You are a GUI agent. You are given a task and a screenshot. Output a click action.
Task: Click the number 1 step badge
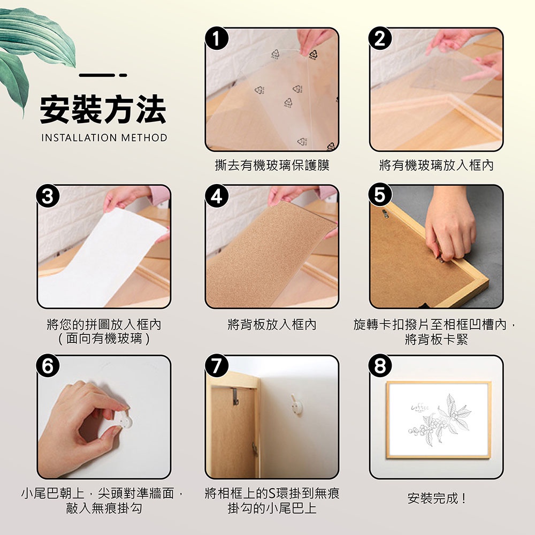[216, 38]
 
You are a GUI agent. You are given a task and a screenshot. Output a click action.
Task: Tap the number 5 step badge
[380, 195]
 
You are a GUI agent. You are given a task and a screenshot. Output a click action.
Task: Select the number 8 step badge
[380, 366]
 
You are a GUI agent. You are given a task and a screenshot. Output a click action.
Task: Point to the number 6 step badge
[48, 366]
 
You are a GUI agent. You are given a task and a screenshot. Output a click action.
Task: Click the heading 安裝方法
[103, 110]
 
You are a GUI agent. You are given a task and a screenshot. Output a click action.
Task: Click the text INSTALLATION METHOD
[104, 137]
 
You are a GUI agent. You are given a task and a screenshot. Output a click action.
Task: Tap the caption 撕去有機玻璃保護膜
[272, 165]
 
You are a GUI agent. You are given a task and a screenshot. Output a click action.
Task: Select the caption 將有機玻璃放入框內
[437, 165]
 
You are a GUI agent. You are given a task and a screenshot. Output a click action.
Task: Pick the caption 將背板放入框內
[272, 325]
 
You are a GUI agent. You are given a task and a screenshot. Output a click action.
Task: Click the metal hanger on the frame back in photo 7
[235, 396]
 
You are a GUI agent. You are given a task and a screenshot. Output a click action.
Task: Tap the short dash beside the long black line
[123, 75]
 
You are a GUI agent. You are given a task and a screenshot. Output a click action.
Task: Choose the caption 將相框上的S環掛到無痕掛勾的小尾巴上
[272, 501]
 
